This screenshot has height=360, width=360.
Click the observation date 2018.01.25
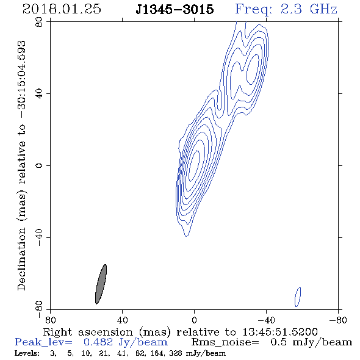click(x=62, y=9)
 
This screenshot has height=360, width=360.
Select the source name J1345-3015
click(x=175, y=9)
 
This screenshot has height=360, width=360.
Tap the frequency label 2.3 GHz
click(x=309, y=9)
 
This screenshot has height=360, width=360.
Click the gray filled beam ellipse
click(x=101, y=284)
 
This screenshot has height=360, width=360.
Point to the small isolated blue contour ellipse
click(x=298, y=297)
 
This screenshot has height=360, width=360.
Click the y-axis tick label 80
click(x=39, y=22)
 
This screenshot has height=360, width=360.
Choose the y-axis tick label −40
click(x=39, y=237)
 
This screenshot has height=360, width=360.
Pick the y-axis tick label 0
click(x=39, y=165)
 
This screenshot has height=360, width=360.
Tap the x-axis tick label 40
click(x=122, y=320)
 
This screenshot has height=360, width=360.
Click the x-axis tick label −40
click(x=266, y=320)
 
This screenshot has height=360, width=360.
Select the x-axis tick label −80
click(x=338, y=320)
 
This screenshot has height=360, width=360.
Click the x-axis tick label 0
click(x=194, y=320)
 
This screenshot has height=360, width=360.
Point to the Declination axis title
click(x=21, y=165)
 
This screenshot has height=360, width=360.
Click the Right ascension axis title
click(x=181, y=332)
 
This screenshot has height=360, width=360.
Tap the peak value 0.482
click(x=98, y=342)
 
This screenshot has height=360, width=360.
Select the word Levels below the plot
click(x=27, y=353)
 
